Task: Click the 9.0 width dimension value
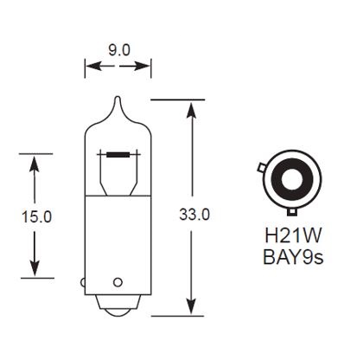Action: (118, 50)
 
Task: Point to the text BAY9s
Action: (290, 257)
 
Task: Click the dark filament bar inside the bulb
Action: (118, 154)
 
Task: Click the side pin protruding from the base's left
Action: (82, 280)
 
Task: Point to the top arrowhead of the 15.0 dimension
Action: (35, 161)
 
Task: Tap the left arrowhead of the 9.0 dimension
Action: (88, 66)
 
